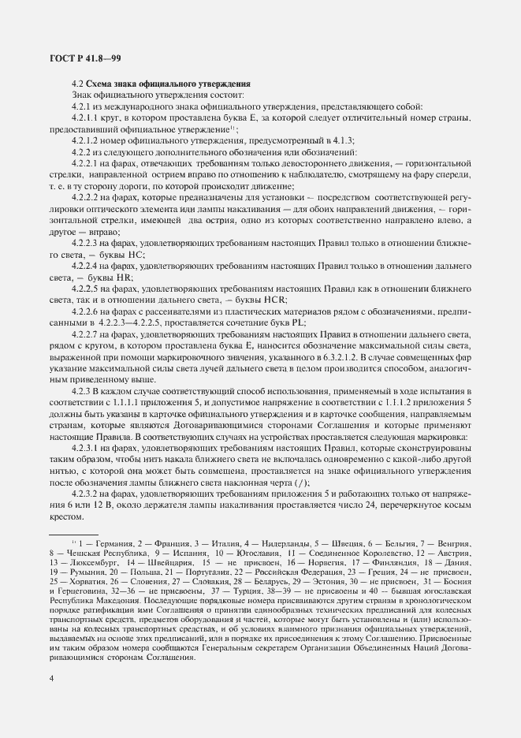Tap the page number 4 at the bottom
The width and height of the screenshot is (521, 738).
51,679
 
